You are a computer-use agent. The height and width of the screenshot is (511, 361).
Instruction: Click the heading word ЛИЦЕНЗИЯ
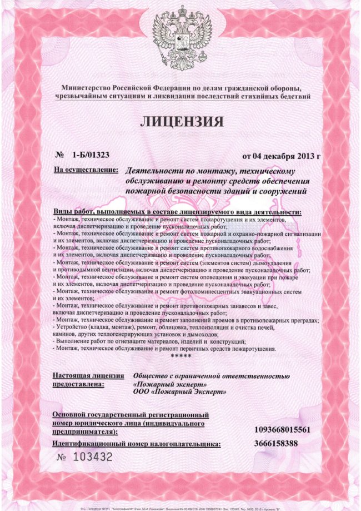click(x=181, y=121)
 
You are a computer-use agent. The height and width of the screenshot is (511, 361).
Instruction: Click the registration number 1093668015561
click(x=282, y=430)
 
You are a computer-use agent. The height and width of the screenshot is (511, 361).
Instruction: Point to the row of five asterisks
click(x=180, y=355)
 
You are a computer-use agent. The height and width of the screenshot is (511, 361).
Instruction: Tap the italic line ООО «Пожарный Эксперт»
click(x=179, y=391)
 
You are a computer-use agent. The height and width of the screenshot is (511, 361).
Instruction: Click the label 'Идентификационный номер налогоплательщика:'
click(x=136, y=444)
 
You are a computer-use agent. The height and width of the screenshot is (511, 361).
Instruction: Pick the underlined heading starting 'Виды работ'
click(x=177, y=212)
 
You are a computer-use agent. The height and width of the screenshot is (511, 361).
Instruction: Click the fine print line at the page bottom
click(x=180, y=507)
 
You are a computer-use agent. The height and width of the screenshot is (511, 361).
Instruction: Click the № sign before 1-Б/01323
click(x=61, y=154)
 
